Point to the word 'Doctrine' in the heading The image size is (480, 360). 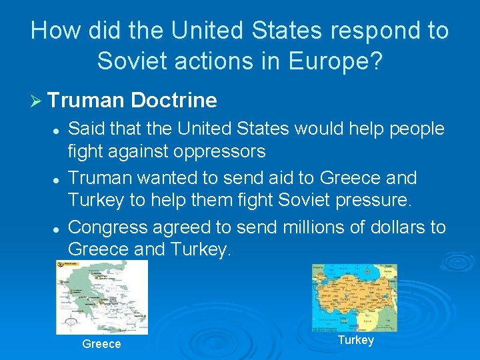click(x=174, y=101)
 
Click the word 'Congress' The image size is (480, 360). click(x=108, y=227)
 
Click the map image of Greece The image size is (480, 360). click(x=102, y=297)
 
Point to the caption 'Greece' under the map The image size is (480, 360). click(x=101, y=344)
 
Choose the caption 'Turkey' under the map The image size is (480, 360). click(x=356, y=340)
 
